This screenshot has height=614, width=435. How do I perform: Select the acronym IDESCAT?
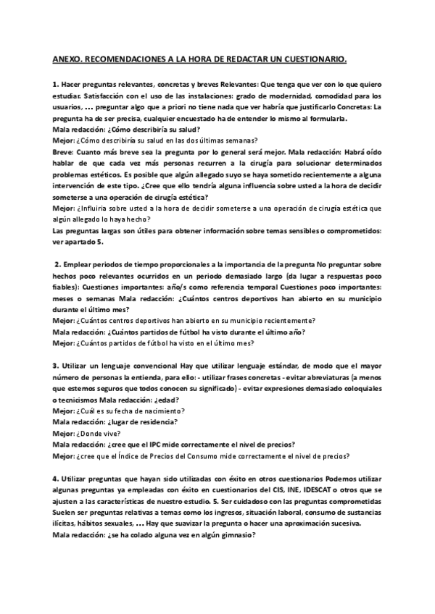318,490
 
